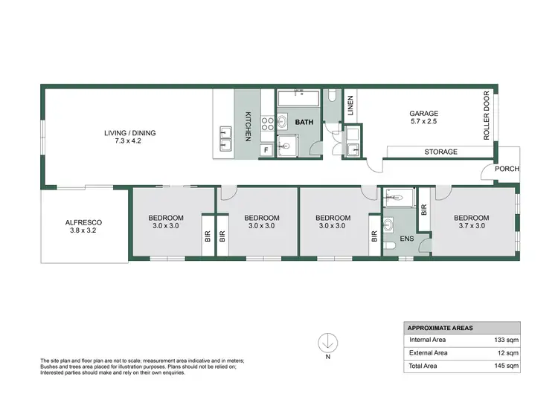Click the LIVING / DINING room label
point(129,134)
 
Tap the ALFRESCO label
point(83,223)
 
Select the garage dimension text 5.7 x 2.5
point(424,121)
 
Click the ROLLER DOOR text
point(487,116)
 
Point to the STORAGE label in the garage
point(440,152)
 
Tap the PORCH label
point(508,169)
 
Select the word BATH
point(304,121)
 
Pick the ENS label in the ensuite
point(407,239)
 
